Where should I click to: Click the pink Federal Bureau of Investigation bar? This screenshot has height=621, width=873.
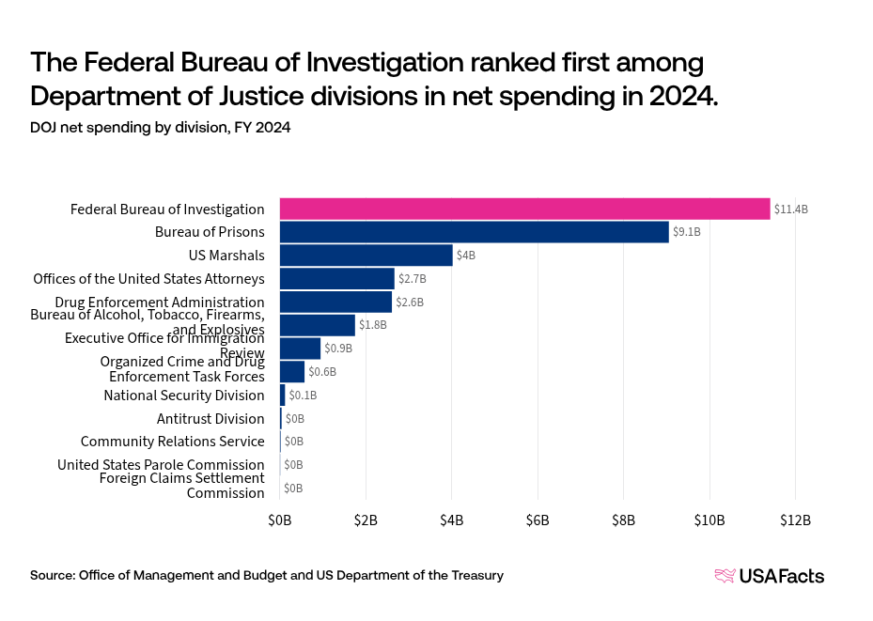pyautogui.click(x=524, y=209)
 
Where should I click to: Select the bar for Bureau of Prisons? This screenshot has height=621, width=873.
pyautogui.click(x=474, y=231)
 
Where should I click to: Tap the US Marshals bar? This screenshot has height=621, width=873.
pyautogui.click(x=366, y=255)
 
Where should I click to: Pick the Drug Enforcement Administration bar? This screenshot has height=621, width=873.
pyautogui.click(x=335, y=302)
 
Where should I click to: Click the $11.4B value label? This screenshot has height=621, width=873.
pyautogui.click(x=790, y=209)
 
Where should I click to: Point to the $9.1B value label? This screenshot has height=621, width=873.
pyautogui.click(x=687, y=231)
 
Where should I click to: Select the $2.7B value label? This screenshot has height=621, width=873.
pyautogui.click(x=413, y=279)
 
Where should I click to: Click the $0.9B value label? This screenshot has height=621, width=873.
pyautogui.click(x=338, y=349)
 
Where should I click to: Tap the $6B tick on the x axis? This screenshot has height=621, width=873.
pyautogui.click(x=538, y=520)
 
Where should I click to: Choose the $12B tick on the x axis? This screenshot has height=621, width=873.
pyautogui.click(x=795, y=520)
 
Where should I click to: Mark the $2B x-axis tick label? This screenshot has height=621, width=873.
pyautogui.click(x=366, y=520)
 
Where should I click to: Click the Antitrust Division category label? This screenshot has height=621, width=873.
pyautogui.click(x=210, y=419)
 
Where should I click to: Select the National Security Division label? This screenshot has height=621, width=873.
pyautogui.click(x=184, y=396)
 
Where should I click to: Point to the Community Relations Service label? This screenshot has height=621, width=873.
pyautogui.click(x=173, y=442)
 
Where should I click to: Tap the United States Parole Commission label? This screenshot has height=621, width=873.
pyautogui.click(x=161, y=465)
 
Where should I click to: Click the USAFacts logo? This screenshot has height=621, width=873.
pyautogui.click(x=770, y=576)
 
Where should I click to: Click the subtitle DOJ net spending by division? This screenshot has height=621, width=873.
pyautogui.click(x=161, y=128)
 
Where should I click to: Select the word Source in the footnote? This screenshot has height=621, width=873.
pyautogui.click(x=52, y=575)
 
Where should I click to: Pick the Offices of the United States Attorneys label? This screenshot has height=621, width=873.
pyautogui.click(x=148, y=279)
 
